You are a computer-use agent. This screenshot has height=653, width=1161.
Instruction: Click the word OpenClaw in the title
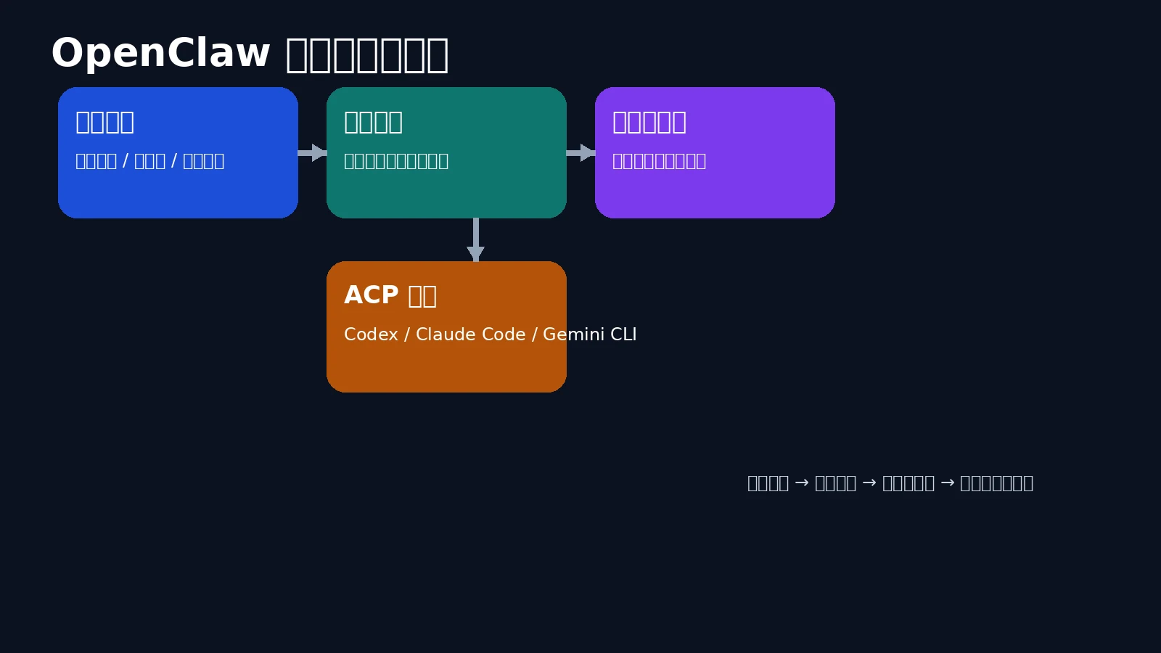pos(160,54)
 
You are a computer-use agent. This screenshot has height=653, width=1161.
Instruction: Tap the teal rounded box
pos(446,192)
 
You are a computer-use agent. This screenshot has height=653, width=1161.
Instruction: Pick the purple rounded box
pos(715,192)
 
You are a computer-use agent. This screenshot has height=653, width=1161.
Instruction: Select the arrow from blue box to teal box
pos(313,152)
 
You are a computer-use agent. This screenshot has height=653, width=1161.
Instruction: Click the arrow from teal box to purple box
pos(582,152)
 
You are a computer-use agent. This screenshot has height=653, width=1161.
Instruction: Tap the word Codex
pos(371,334)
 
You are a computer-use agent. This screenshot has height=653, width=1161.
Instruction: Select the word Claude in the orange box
pos(442,334)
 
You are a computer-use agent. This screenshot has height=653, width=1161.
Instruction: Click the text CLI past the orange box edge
pos(623,334)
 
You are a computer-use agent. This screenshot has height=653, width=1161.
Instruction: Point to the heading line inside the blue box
pos(104,122)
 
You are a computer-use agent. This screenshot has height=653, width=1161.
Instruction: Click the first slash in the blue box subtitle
pos(126,161)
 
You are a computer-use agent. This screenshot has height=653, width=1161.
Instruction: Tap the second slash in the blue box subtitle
pos(174,161)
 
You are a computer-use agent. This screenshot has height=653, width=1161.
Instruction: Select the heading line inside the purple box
pos(649,122)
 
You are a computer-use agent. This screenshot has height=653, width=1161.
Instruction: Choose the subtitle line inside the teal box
pos(395,161)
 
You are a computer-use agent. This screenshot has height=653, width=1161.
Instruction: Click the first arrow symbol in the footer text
pos(802,483)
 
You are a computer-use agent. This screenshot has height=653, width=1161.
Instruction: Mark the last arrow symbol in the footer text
pos(947,483)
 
